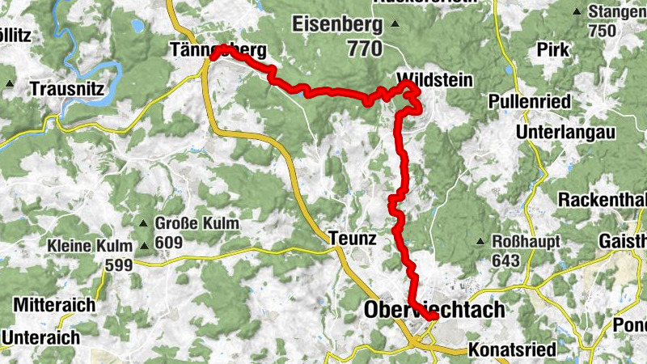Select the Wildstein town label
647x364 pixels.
pyautogui.click(x=433, y=79)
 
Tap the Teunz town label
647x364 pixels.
pyautogui.click(x=353, y=239)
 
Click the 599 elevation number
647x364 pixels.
pyautogui.click(x=121, y=264)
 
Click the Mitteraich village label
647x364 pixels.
pyautogui.click(x=54, y=306)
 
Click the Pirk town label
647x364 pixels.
pyautogui.click(x=552, y=49)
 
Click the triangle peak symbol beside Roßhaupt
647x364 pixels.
pyautogui.click(x=481, y=241)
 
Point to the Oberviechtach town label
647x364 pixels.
pyautogui.click(x=434, y=310)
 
